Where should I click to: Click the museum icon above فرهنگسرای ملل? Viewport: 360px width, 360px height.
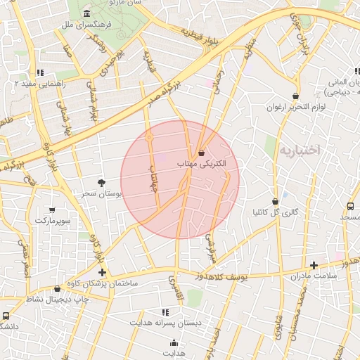click(x=86, y=14)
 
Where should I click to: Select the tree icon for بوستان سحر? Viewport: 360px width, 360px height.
click(x=103, y=182)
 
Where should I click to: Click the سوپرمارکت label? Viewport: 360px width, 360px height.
click(x=52, y=221)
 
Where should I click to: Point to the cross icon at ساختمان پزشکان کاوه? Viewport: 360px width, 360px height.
click(x=103, y=272)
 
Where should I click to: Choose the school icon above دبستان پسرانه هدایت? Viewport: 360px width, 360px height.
click(x=165, y=311)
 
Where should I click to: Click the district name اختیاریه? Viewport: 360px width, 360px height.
click(x=299, y=150)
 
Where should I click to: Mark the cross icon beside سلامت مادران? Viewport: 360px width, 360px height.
click(x=314, y=266)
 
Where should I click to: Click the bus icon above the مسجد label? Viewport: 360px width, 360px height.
click(x=350, y=206)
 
